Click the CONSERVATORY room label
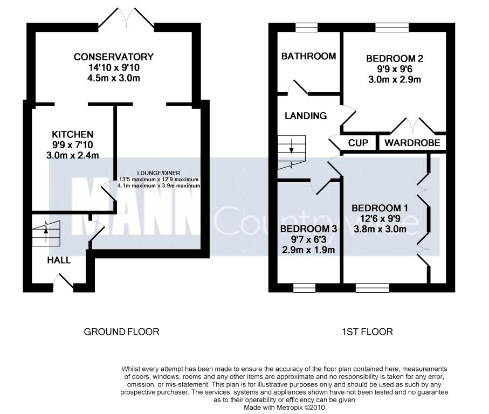point(114,57)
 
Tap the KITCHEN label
point(72,134)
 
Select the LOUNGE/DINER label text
point(159,173)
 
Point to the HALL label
point(59,260)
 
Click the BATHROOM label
point(309,56)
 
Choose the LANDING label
point(306,116)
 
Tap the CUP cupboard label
point(358,143)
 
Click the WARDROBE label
point(412,143)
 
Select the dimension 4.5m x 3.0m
point(114,78)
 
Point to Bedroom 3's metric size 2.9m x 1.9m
point(308,250)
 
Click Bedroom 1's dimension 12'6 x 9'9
point(380,218)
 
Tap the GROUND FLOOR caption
point(122,332)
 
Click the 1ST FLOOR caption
point(367,332)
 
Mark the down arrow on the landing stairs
point(292,147)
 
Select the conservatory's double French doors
point(126,18)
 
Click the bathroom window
point(307,27)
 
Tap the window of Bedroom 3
point(305,288)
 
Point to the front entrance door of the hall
point(64,281)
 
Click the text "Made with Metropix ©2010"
point(285,408)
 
